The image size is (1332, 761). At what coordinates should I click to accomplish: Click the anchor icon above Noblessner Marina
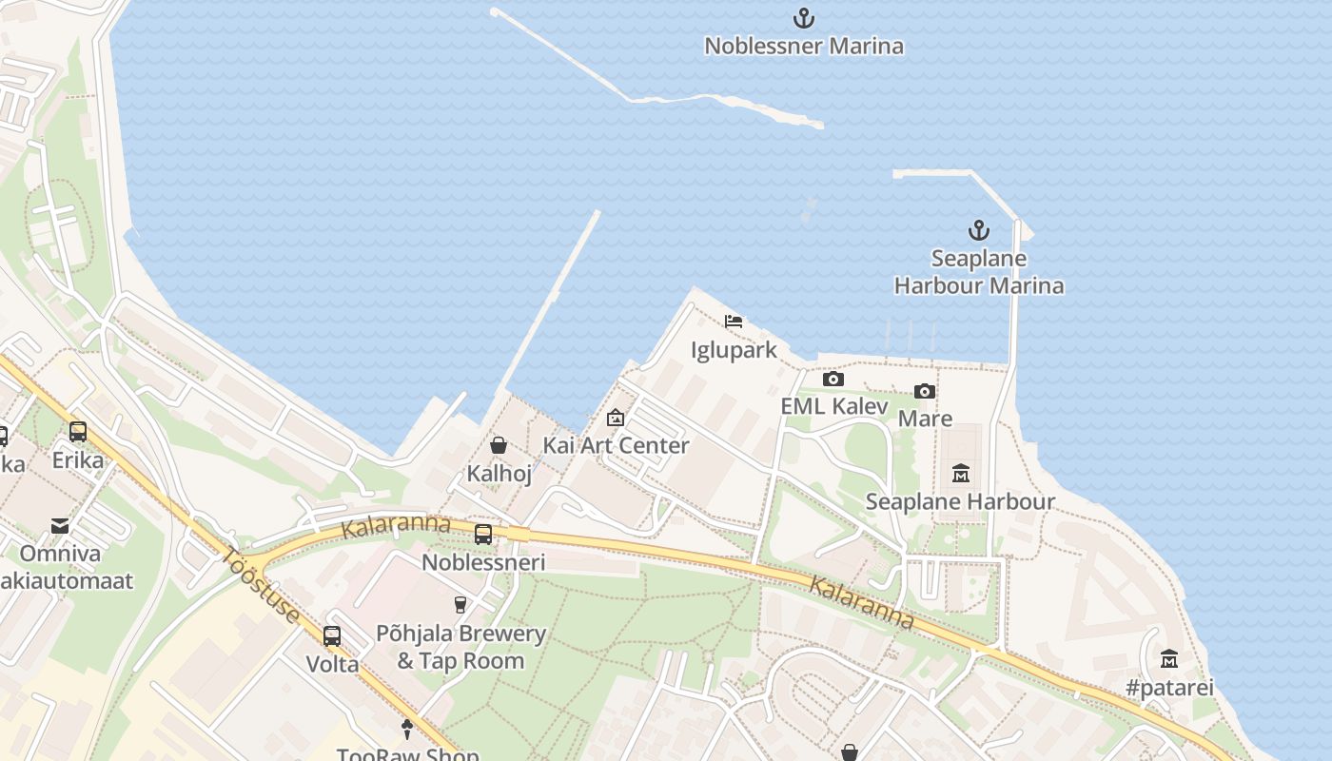point(804,18)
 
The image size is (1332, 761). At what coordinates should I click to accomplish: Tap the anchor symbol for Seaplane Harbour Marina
point(978,230)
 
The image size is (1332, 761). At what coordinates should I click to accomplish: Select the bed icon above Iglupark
point(733,322)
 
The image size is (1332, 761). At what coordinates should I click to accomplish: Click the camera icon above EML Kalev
point(833,379)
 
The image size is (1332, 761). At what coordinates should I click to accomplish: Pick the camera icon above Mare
point(924,391)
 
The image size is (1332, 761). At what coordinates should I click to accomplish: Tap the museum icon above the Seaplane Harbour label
point(960,473)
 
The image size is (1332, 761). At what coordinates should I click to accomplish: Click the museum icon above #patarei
point(1168,658)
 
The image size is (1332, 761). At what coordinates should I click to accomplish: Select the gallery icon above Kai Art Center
point(616,418)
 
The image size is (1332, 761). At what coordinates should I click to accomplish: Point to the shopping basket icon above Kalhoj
point(498,444)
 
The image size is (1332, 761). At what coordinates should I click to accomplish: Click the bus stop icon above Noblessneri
point(483,535)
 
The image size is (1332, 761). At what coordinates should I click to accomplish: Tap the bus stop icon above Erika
point(78,432)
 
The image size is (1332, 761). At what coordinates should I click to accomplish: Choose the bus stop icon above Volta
point(331,636)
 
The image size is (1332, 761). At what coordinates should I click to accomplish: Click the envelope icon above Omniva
point(60,525)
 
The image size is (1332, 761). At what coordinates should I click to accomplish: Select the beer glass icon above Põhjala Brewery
point(460,605)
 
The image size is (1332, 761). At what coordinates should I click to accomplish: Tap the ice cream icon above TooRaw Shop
point(407,730)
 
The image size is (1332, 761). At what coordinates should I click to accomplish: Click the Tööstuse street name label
point(264,585)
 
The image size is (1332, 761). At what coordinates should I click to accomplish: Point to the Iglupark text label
point(734,350)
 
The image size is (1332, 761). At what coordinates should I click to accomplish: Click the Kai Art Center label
point(616,445)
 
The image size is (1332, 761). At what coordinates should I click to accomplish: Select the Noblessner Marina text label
point(804,46)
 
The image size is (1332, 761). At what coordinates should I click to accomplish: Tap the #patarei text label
point(1169,687)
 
